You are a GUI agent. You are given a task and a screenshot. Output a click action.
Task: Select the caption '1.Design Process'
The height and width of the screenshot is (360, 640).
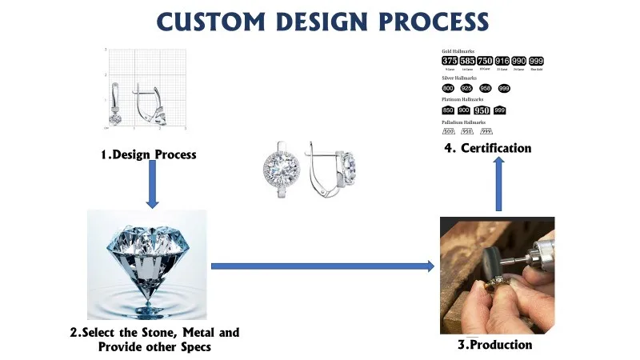[x=148, y=154]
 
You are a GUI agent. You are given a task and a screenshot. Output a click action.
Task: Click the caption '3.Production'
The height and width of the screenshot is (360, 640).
[x=494, y=345]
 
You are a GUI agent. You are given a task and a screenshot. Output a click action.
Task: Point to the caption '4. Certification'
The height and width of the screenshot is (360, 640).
[x=488, y=148]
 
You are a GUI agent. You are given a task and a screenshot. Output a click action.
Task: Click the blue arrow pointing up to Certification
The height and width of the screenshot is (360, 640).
[x=498, y=184]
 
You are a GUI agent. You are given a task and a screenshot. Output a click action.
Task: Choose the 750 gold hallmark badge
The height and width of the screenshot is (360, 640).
[x=485, y=61]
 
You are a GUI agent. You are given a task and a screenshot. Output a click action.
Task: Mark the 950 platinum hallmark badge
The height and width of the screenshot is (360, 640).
[x=482, y=110]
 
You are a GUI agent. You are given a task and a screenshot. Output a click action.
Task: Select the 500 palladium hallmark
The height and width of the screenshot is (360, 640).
[x=448, y=131]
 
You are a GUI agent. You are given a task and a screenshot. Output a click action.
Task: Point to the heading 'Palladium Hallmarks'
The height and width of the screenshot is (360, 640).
[x=464, y=122]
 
